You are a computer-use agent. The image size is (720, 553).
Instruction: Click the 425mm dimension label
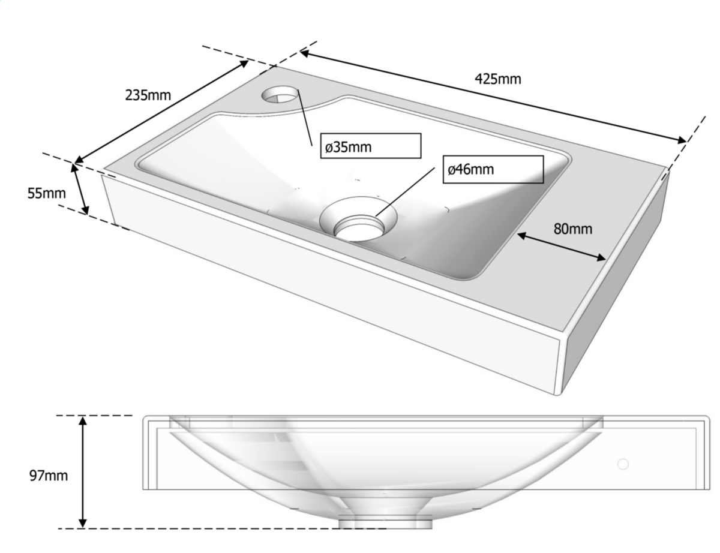(497, 79)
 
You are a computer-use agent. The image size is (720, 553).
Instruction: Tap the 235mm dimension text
(148, 95)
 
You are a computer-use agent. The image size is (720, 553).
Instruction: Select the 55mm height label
(46, 193)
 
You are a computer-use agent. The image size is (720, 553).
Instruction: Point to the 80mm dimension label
(572, 229)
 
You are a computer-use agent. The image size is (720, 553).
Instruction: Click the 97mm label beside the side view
(49, 476)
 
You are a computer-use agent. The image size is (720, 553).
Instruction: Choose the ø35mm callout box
(370, 146)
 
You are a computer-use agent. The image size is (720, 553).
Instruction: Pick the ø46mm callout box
(493, 170)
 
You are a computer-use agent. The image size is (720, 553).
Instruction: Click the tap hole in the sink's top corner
(280, 94)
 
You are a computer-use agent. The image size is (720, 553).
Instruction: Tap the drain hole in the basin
(359, 228)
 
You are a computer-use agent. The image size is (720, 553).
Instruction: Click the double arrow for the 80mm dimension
(561, 247)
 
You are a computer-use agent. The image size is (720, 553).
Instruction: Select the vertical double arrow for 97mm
(83, 472)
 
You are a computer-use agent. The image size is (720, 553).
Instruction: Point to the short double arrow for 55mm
(80, 189)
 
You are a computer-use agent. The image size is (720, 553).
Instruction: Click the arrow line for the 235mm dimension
(161, 112)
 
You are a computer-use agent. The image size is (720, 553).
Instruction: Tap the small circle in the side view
(623, 465)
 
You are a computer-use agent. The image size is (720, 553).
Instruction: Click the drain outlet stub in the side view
(385, 523)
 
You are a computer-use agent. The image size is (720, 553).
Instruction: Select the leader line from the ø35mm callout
(305, 118)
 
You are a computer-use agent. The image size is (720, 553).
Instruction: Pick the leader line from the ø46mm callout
(405, 192)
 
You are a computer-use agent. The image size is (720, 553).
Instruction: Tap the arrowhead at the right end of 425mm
(681, 140)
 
